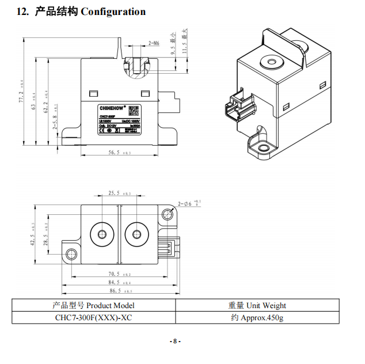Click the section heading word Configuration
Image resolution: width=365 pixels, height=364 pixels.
click(113, 12)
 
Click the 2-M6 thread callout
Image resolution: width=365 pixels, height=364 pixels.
click(154, 43)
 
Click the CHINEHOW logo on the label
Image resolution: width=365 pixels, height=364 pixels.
click(108, 107)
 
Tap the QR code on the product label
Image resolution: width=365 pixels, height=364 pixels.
click(132, 109)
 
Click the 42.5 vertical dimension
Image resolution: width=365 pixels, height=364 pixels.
click(33, 234)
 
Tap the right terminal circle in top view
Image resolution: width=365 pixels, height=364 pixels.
click(136, 234)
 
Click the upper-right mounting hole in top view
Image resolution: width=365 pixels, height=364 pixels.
click(168, 214)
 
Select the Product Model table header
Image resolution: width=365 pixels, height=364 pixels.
click(94, 305)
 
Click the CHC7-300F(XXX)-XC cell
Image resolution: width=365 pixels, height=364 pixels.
click(94, 317)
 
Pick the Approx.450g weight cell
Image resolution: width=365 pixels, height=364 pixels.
click(257, 317)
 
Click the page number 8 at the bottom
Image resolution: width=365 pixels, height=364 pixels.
click(176, 341)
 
